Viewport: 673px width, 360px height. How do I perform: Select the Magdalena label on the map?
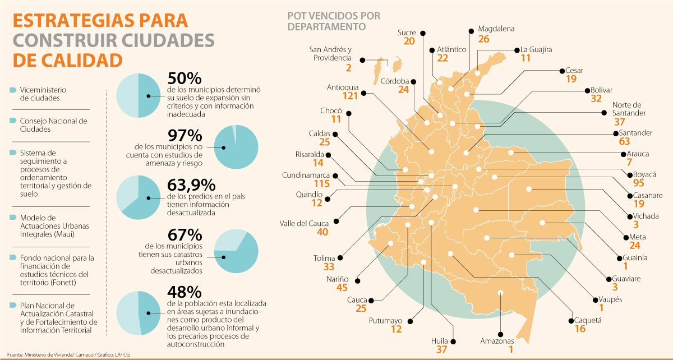click(496, 29)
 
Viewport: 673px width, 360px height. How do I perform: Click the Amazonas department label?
click(497, 341)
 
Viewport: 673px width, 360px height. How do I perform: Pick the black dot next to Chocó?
click(349, 114)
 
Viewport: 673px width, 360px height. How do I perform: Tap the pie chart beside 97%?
click(236, 147)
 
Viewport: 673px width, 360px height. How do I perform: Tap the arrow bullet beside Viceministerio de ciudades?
click(12, 90)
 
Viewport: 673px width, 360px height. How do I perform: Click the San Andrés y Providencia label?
click(330, 53)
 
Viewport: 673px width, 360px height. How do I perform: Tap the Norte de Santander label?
click(634, 109)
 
